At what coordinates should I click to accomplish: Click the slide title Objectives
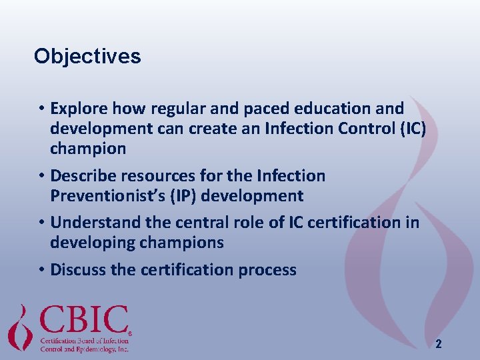(x=87, y=56)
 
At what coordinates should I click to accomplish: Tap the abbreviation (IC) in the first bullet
(x=411, y=129)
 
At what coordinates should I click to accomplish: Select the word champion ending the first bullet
(x=88, y=149)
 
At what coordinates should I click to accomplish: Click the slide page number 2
(x=438, y=344)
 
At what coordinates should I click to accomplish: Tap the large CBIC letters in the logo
(x=84, y=320)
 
